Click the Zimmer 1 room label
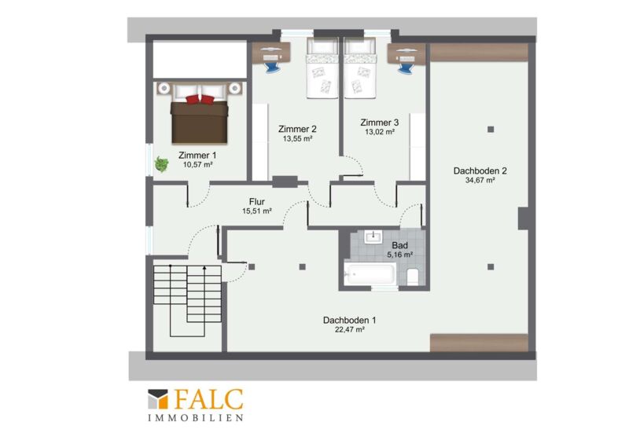point(197,156)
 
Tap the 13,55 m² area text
point(298,139)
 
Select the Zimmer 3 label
point(380,123)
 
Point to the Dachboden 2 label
point(480,171)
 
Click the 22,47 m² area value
point(350,330)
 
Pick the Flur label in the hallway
point(257,202)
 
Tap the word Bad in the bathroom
point(400,245)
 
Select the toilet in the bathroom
point(413,277)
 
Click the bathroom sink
point(373,237)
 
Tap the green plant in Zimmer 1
point(162,164)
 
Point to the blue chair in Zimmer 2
point(272,67)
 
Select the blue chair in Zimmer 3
point(406,67)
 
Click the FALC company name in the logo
point(208,400)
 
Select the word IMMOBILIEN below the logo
point(196,418)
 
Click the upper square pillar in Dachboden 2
point(491,129)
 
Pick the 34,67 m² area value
point(480,181)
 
